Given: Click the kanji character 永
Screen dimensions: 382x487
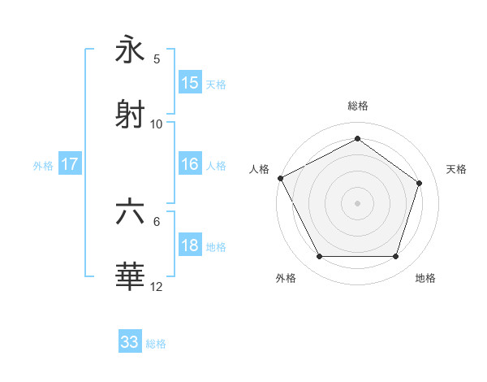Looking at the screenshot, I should (x=131, y=51).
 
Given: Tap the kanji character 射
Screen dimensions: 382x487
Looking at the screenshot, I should (x=131, y=115).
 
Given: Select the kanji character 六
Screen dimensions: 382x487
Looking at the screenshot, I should (x=131, y=212).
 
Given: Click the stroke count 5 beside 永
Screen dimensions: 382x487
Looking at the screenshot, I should (x=157, y=59).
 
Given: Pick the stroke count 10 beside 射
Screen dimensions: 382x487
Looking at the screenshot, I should (x=157, y=124).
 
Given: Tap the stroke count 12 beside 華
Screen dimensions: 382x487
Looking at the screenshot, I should (x=157, y=286).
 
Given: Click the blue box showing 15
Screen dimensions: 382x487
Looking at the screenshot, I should (x=190, y=83).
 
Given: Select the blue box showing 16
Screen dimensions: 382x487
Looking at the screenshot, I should (x=190, y=164).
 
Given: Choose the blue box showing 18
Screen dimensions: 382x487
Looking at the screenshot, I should (x=190, y=246).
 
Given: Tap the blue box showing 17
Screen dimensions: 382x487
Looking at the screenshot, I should (x=69, y=164).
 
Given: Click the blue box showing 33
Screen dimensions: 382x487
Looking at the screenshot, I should (x=130, y=342).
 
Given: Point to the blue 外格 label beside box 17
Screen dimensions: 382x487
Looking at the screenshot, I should (x=43, y=165).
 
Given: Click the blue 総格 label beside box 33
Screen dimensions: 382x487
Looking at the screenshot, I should (x=156, y=344).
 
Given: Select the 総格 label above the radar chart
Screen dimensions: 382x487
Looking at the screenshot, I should (x=357, y=106).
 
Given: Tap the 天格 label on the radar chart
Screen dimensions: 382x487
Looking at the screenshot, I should (x=456, y=169).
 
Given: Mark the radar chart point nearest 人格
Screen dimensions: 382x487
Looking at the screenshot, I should (x=280, y=178).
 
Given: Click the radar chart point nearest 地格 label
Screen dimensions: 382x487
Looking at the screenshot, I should (x=395, y=257).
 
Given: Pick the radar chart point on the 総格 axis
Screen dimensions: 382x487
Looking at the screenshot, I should (x=357, y=138).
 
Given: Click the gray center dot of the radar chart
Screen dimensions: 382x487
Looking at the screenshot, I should (x=357, y=203).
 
